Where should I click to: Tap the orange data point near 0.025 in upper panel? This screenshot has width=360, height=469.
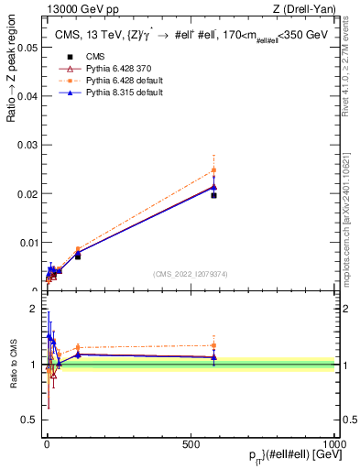[x=213, y=169]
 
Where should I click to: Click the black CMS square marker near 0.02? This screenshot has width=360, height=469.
[x=213, y=195]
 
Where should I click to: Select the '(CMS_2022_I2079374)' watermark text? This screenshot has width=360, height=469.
[x=190, y=273]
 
